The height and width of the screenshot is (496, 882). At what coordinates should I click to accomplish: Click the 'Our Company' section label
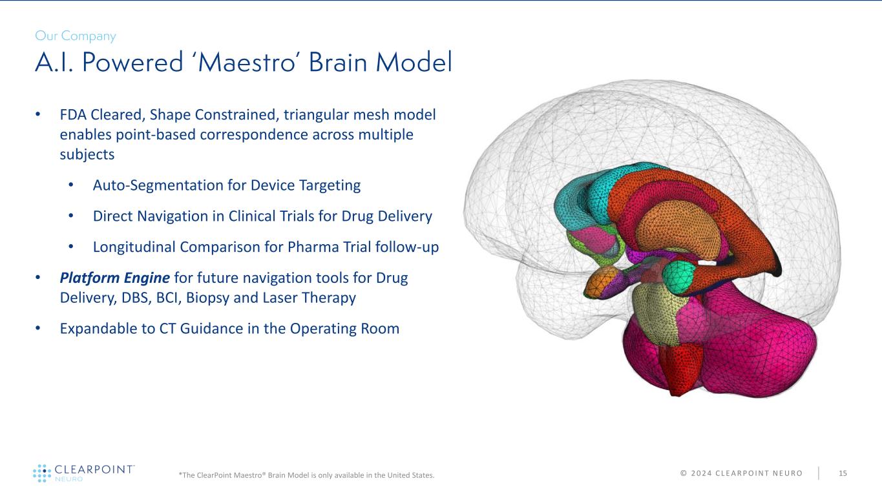point(75,36)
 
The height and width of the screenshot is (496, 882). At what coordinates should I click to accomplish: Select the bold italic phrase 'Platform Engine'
point(114,278)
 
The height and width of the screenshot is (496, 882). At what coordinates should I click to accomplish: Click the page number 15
point(843,474)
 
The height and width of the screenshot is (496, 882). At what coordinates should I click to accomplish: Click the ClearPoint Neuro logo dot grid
point(41,473)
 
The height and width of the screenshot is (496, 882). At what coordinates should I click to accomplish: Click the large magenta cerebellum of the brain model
point(743,349)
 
